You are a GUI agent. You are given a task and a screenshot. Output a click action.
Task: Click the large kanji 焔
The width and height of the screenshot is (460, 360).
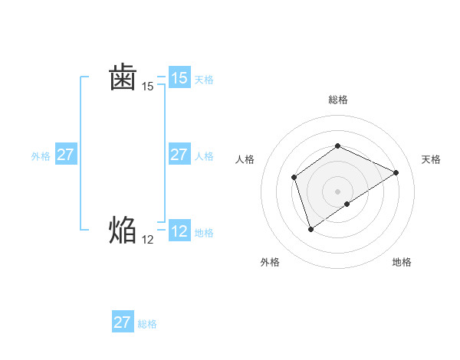[123, 229]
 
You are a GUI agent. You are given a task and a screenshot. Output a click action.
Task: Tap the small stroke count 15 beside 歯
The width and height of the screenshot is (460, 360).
[148, 87]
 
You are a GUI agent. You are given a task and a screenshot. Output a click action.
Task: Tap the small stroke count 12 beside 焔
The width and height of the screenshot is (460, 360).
[148, 239]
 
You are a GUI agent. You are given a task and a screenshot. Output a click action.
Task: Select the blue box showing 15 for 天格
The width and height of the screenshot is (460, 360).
[179, 78]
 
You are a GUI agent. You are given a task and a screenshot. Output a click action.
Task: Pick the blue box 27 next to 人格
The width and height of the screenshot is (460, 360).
[179, 155]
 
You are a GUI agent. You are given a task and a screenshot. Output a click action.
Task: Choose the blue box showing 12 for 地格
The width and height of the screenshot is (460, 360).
[179, 231]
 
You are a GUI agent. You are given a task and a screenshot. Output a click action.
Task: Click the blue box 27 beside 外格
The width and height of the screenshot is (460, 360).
[65, 155]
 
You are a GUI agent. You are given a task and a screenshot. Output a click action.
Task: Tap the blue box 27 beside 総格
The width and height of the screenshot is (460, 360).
[122, 322]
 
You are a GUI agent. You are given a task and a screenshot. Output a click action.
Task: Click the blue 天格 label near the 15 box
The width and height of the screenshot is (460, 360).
[204, 79]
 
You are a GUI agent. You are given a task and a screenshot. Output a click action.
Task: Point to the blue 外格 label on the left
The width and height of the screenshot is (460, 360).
[41, 156]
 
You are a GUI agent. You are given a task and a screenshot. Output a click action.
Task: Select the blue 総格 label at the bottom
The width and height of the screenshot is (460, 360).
[147, 324]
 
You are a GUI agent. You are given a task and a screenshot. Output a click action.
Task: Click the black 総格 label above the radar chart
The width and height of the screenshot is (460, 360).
[338, 100]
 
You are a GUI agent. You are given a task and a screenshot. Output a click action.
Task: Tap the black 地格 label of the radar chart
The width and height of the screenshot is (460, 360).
[402, 262]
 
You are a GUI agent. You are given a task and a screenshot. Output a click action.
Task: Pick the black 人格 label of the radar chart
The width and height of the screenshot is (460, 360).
[245, 159]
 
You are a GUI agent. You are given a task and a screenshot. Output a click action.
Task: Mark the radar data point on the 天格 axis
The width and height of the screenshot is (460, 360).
[396, 172]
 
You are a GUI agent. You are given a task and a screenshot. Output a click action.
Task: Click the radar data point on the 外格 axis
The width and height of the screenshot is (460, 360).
[310, 228]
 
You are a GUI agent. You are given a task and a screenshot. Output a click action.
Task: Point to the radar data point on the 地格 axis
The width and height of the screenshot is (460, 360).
[347, 204]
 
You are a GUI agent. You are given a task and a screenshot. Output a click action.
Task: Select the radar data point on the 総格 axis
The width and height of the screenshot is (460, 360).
[337, 146]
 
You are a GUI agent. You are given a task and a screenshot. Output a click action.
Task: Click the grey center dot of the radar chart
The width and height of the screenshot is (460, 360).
[337, 191]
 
